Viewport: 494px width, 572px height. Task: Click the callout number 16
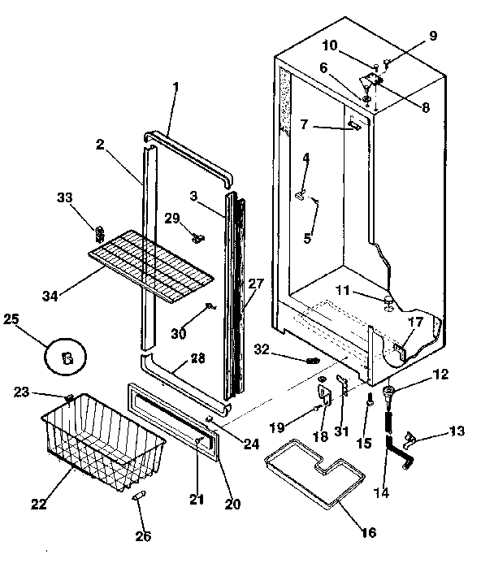click(x=368, y=533)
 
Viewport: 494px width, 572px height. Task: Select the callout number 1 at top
click(x=175, y=87)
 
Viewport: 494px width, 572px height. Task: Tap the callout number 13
click(x=457, y=431)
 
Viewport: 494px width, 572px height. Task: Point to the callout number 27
click(x=257, y=284)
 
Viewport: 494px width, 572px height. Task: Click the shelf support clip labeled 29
click(x=197, y=237)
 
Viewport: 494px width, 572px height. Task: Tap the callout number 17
click(x=415, y=323)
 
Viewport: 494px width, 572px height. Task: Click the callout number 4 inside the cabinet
click(x=306, y=157)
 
